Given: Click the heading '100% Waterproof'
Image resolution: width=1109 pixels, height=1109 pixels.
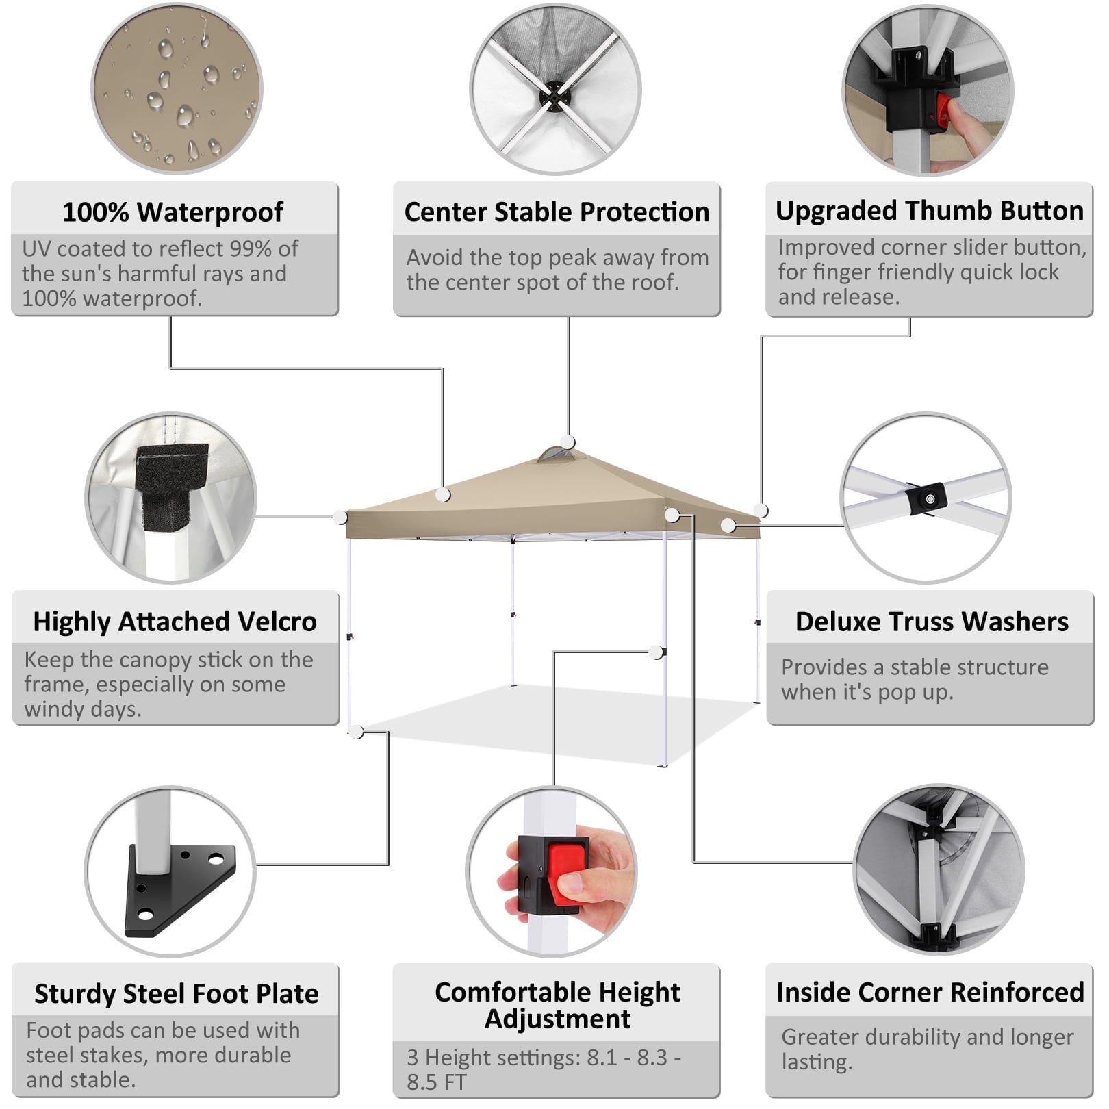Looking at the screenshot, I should [173, 212].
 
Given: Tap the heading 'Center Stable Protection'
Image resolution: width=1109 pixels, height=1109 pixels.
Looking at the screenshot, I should [557, 212].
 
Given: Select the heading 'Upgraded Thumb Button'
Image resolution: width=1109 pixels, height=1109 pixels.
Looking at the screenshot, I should [929, 211].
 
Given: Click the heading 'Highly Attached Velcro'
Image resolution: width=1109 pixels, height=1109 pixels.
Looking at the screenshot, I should [175, 622].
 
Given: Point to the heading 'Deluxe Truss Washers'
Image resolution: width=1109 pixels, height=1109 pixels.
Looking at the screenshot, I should [931, 622].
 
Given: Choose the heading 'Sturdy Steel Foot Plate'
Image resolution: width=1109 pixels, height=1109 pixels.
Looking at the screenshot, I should [176, 994].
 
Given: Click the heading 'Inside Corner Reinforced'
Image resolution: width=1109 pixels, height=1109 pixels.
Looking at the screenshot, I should [930, 993].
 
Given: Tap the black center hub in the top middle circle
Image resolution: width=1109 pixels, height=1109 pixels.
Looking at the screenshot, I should [553, 96].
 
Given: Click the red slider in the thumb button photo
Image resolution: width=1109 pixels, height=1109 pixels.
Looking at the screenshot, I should [943, 114].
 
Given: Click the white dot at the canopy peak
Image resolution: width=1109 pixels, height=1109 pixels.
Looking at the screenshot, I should [568, 442].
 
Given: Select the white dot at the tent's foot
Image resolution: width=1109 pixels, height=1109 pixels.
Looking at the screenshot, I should [356, 732].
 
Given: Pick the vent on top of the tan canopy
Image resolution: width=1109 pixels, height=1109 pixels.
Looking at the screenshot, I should [554, 455].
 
